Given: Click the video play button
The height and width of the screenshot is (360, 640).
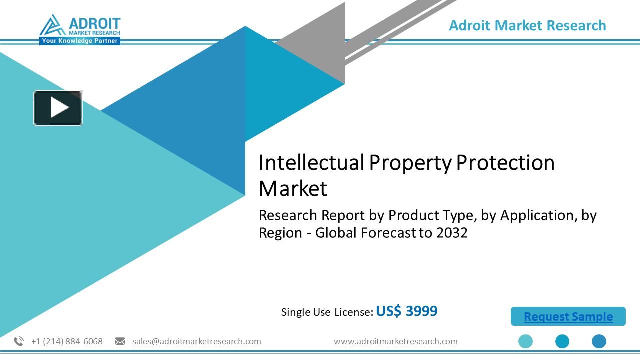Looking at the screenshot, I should [x=58, y=107].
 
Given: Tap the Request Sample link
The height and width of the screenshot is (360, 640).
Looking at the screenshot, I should [x=568, y=317].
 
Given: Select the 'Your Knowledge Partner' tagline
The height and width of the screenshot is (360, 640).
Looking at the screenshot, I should [x=80, y=41].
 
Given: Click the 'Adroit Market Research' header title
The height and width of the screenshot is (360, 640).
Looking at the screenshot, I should [x=527, y=25].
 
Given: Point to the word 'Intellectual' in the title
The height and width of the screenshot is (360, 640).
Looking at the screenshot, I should [x=311, y=163].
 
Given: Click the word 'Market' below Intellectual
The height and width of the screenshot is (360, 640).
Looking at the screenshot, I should [x=293, y=189].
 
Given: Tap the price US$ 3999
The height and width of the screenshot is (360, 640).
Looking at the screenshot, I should [x=406, y=311].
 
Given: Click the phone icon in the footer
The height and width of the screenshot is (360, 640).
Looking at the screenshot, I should [x=19, y=341].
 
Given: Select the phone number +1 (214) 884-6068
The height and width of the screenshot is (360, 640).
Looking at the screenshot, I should [x=67, y=341].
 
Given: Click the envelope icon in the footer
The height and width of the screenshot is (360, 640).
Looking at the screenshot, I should [x=120, y=341].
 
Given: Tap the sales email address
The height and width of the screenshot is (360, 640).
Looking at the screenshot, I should [x=196, y=341].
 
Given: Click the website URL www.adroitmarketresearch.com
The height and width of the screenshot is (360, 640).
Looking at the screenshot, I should [x=395, y=341].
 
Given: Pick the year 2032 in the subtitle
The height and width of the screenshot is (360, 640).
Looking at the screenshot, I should [x=452, y=233].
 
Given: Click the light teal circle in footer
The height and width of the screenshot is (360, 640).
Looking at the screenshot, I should [x=525, y=341].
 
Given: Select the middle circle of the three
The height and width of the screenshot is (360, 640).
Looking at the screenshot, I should [x=562, y=341].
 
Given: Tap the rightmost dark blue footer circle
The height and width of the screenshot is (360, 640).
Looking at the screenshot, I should [x=599, y=341].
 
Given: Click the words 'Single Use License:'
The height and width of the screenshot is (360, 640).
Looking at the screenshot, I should [x=327, y=312].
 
